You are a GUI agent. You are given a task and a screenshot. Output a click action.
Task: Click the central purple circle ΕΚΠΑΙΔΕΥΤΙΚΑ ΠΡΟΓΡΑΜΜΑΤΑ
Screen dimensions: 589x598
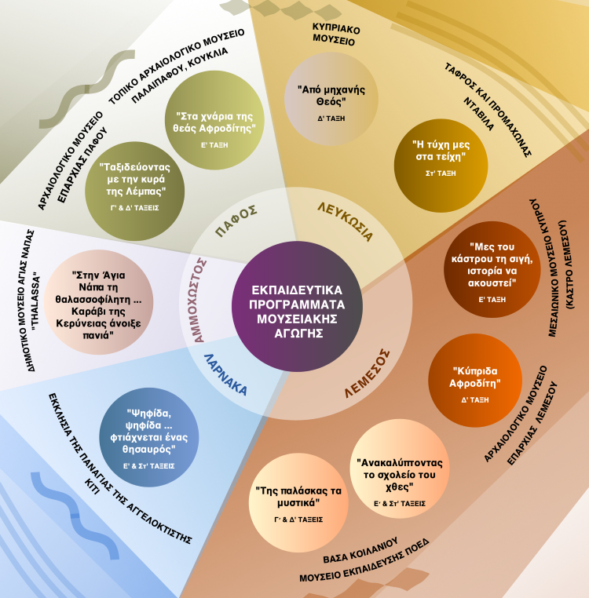pyautogui.click(x=297, y=306)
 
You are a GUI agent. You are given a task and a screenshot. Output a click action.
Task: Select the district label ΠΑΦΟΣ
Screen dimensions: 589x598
pyautogui.click(x=236, y=221)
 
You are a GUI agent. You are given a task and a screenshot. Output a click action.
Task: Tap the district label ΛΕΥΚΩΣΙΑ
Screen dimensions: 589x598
pyautogui.click(x=345, y=222)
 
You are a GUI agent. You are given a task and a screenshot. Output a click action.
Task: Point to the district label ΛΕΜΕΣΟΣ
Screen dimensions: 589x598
pyautogui.click(x=368, y=374)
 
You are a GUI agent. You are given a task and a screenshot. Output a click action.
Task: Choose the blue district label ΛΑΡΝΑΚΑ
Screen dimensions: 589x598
pyautogui.click(x=225, y=374)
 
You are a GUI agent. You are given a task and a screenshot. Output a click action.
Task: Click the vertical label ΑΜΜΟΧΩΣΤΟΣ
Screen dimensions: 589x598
pyautogui.click(x=198, y=300)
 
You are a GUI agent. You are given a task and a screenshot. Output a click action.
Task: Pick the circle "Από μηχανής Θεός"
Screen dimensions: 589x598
pyautogui.click(x=331, y=99)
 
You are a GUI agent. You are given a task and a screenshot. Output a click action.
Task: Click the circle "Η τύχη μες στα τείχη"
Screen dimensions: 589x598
pyautogui.click(x=441, y=166)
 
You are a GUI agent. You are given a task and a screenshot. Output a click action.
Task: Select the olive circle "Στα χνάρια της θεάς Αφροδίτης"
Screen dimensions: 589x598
pyautogui.click(x=214, y=120)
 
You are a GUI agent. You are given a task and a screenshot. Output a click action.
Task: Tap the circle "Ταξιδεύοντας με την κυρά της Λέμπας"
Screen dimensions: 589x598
pyautogui.click(x=135, y=191)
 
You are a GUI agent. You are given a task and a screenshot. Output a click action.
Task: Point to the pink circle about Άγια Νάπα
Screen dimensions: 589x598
pyautogui.click(x=98, y=302)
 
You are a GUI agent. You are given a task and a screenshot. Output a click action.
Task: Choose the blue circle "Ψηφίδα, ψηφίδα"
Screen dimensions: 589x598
pyautogui.click(x=149, y=437)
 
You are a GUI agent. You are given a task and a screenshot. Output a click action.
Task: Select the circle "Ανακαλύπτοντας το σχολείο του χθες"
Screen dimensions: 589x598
pyautogui.click(x=400, y=469)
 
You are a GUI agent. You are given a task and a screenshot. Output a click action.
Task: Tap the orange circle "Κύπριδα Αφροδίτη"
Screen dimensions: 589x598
pyautogui.click(x=475, y=381)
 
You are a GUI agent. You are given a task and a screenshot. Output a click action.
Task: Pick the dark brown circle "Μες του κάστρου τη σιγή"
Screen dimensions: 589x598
pyautogui.click(x=492, y=269)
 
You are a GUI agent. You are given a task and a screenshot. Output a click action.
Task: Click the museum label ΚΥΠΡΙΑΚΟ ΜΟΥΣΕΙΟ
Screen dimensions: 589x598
pyautogui.click(x=335, y=34)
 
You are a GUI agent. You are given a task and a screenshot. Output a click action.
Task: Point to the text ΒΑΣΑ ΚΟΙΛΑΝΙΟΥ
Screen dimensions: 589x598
pyautogui.click(x=360, y=550)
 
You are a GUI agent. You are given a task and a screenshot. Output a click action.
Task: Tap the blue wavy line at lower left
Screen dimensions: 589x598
pyautogui.click(x=75, y=516)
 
